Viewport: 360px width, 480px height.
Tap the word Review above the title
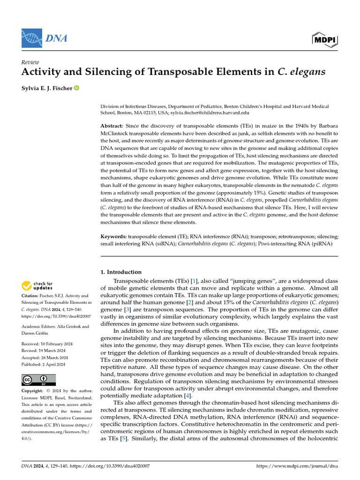30,62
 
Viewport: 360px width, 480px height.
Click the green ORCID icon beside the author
76,88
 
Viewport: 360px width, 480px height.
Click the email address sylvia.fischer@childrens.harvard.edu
210,113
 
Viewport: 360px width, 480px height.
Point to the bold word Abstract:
112,127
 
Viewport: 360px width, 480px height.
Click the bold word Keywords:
113,237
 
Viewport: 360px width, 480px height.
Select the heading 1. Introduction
121,272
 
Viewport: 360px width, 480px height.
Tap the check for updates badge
37,285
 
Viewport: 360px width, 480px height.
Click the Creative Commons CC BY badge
38,380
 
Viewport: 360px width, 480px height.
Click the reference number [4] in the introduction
187,396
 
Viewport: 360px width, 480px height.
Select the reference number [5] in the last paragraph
123,439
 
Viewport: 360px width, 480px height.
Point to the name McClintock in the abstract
117,134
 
